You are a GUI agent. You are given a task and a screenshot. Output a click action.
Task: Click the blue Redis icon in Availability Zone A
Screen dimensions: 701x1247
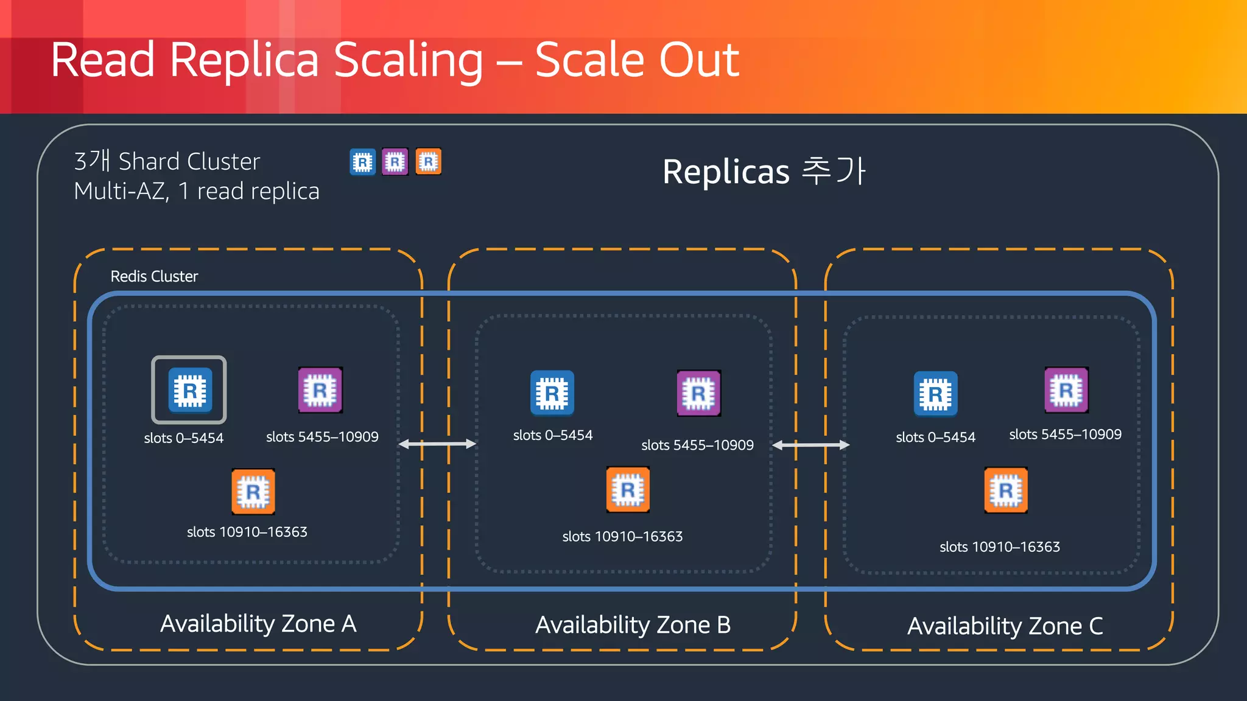pos(190,390)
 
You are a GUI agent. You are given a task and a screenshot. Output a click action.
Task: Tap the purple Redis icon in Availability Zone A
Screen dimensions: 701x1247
pos(320,390)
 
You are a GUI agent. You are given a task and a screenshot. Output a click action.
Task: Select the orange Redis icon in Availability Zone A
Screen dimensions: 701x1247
pos(253,491)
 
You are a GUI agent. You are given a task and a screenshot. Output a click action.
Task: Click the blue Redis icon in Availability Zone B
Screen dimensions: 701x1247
pos(552,393)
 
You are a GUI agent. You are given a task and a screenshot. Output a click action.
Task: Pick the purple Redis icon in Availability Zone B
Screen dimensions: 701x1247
pos(699,393)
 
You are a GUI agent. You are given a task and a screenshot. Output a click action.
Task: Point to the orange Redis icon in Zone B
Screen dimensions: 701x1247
pos(628,489)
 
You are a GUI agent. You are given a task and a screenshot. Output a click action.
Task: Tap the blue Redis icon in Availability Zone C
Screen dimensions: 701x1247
pos(936,394)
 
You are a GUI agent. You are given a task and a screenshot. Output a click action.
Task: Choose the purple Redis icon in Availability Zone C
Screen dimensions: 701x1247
pos(1066,390)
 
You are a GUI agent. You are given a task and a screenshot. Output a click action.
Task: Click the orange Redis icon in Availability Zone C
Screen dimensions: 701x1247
pos(1006,490)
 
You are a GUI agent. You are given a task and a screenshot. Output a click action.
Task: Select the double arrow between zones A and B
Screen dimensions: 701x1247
pos(437,444)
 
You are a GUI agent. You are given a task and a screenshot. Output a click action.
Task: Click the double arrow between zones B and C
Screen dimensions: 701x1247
pos(810,445)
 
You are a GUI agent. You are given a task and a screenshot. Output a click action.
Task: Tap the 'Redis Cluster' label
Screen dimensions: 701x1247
pos(154,276)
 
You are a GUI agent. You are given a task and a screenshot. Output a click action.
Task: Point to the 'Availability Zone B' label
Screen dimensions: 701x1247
pos(633,625)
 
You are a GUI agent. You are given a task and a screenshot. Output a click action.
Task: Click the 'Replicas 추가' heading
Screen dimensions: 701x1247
pos(764,171)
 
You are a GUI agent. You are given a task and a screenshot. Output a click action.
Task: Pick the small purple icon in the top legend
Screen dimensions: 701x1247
pos(395,162)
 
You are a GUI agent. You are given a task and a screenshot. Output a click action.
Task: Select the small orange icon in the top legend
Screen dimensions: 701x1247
pos(429,162)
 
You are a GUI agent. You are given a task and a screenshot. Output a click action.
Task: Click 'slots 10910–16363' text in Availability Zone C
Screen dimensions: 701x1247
pos(1000,546)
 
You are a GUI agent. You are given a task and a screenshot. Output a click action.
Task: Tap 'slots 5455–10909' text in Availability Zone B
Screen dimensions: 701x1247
pos(697,445)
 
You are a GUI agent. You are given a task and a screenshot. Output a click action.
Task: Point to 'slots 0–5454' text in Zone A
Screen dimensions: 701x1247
pos(184,438)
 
